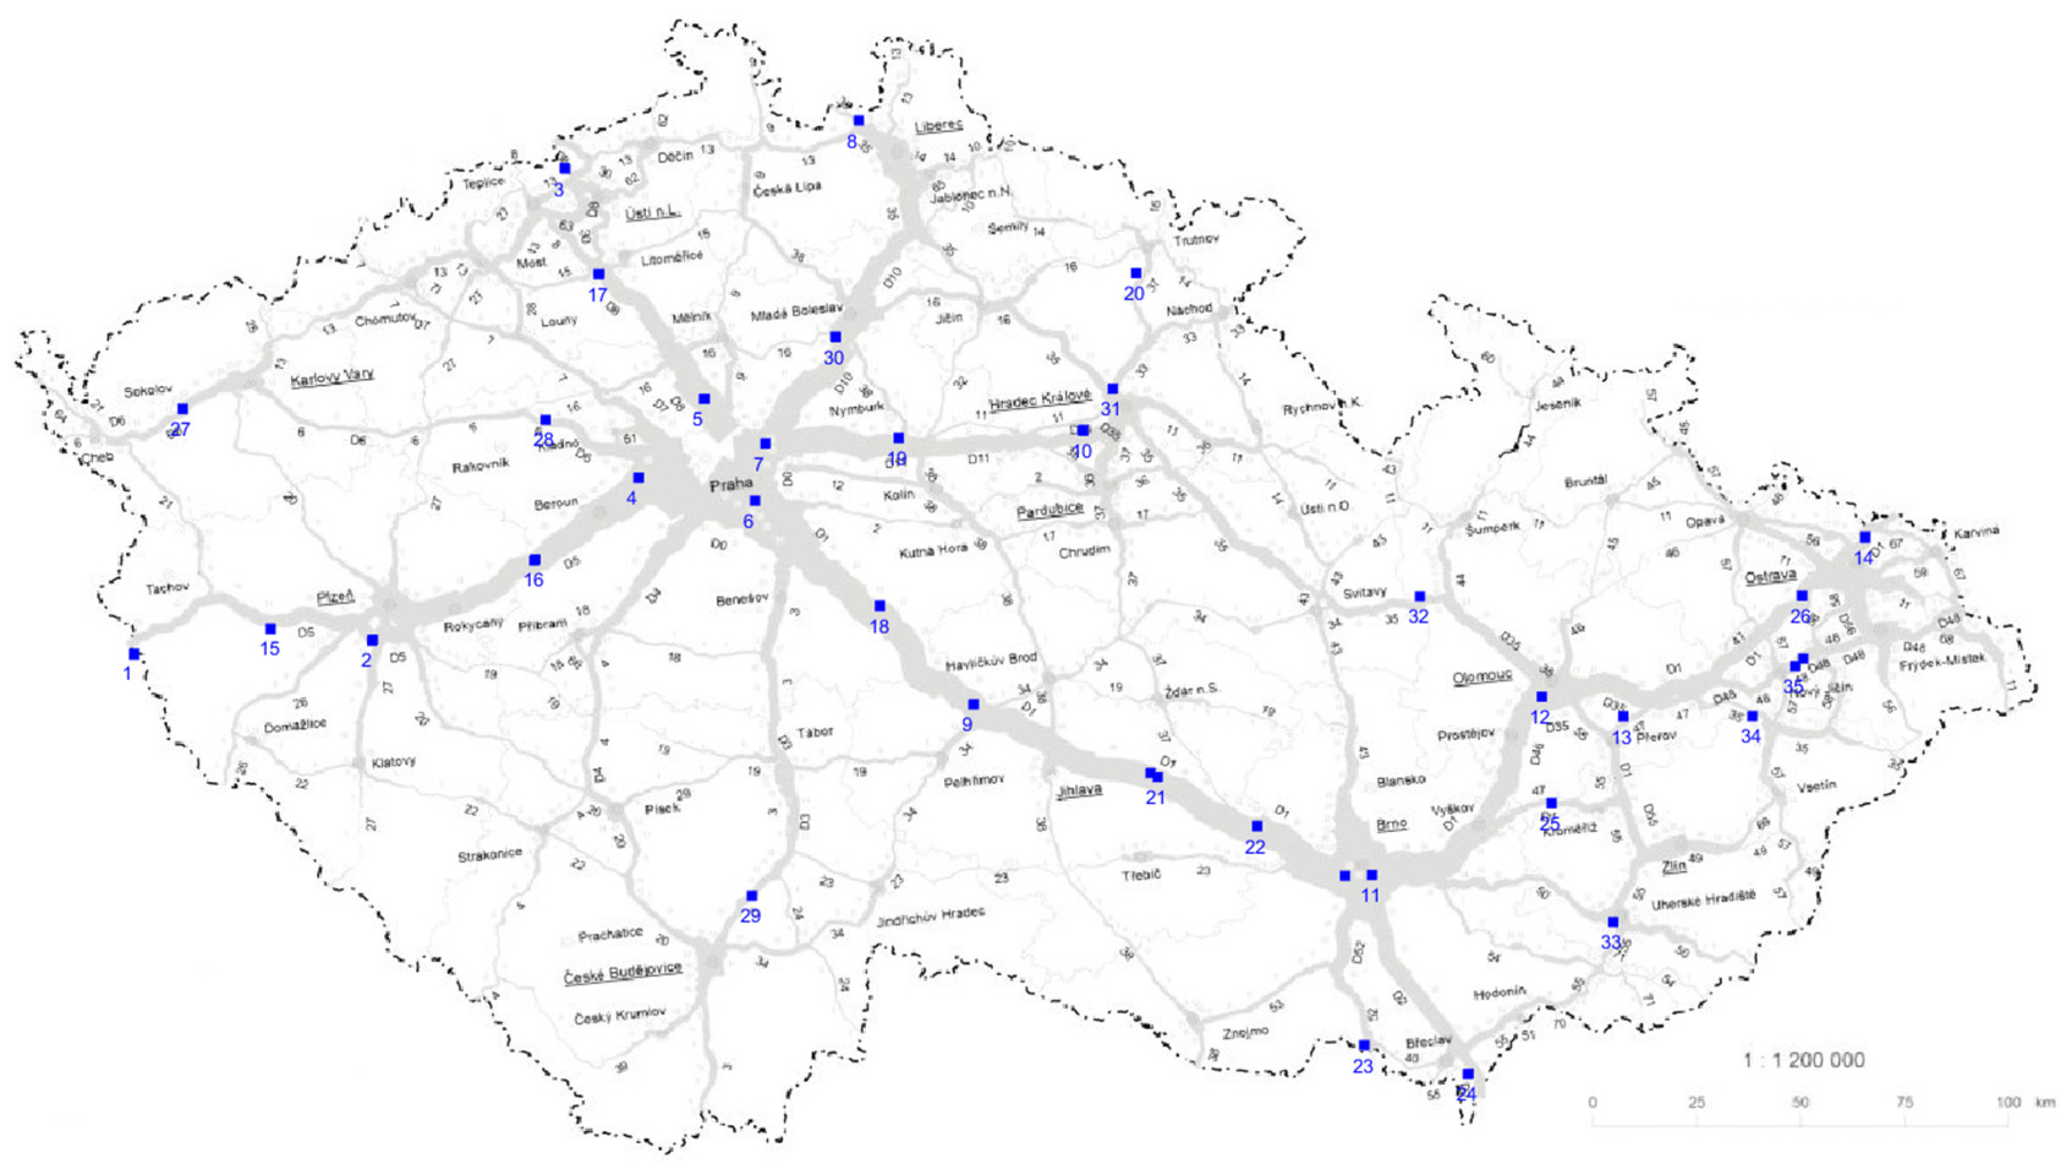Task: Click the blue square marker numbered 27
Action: click(183, 409)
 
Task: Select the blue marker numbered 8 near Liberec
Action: click(859, 121)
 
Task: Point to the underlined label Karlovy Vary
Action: click(331, 377)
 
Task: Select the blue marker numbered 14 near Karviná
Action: click(1865, 537)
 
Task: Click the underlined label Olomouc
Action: click(1482, 677)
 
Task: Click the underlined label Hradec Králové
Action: click(1040, 398)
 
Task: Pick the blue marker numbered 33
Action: click(1613, 922)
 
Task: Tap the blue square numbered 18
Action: click(879, 606)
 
